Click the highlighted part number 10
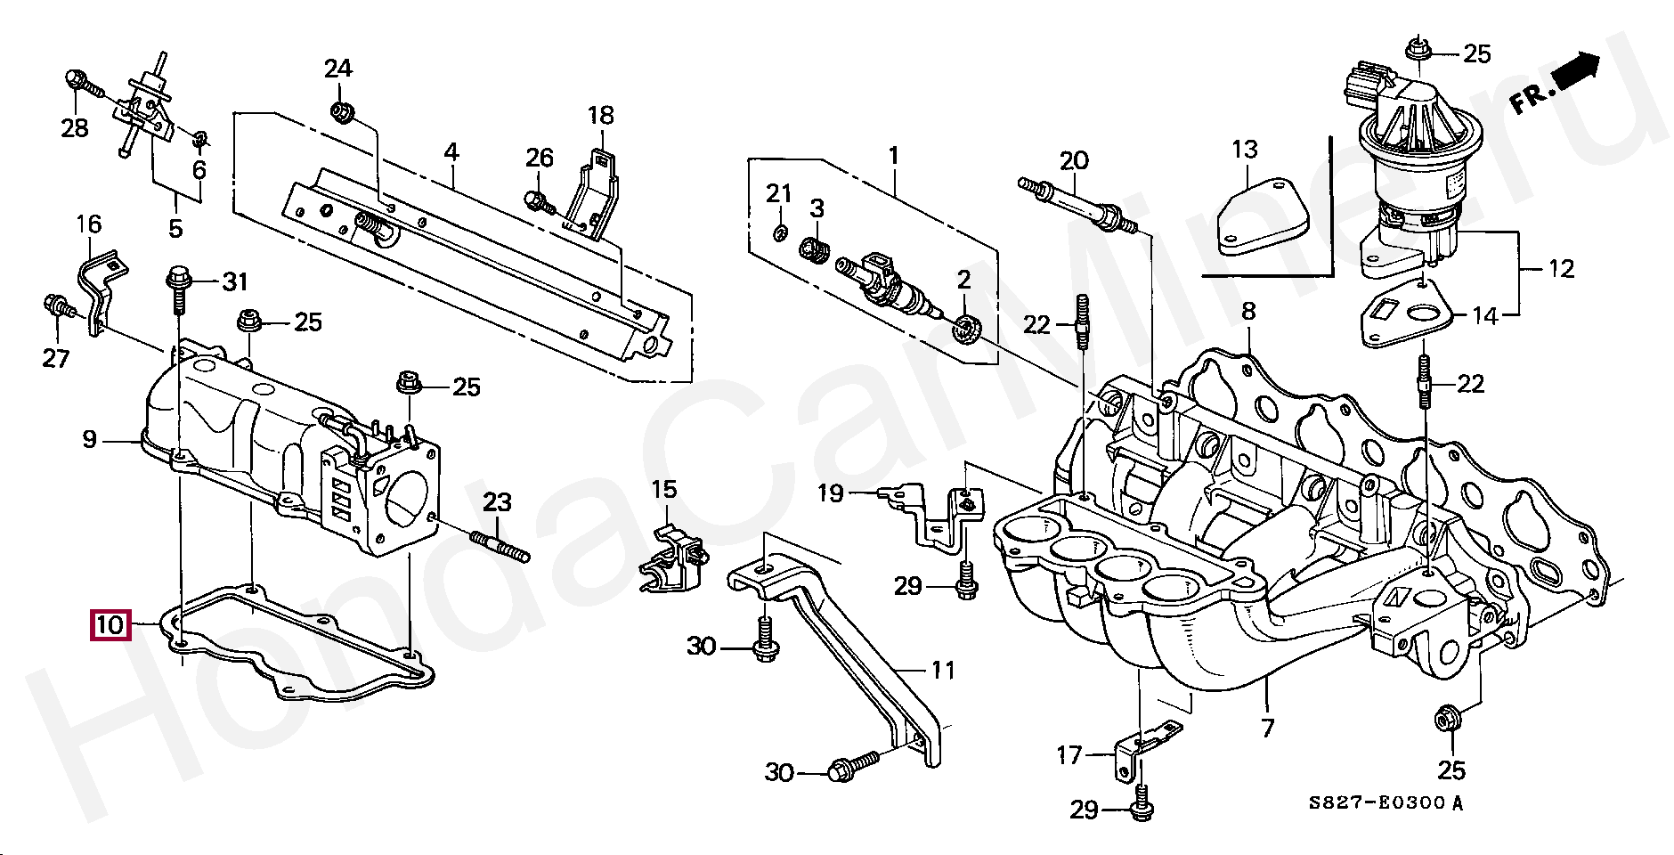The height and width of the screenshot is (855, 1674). [110, 625]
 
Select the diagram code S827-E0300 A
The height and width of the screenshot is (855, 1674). [1386, 803]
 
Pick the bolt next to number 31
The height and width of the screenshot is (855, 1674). [176, 286]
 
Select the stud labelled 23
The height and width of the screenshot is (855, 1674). [500, 545]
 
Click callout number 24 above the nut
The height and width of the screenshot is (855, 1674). [337, 69]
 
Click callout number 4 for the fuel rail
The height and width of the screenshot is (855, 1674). [451, 151]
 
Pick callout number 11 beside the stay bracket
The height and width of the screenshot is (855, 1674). [942, 670]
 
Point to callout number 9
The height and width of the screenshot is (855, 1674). [89, 439]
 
